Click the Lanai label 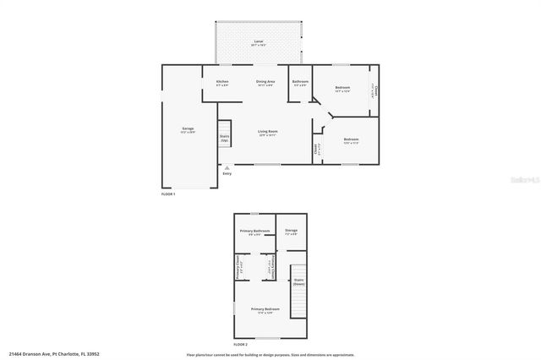257,41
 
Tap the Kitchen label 222,82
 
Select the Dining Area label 265,82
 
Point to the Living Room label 268,132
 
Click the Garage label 187,129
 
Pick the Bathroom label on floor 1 300,82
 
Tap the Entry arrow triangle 227,167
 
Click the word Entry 227,174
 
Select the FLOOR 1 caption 168,194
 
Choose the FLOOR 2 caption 241,344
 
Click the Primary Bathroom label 254,231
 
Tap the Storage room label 291,231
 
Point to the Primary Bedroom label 265,310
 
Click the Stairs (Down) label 298,281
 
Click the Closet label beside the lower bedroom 315,149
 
